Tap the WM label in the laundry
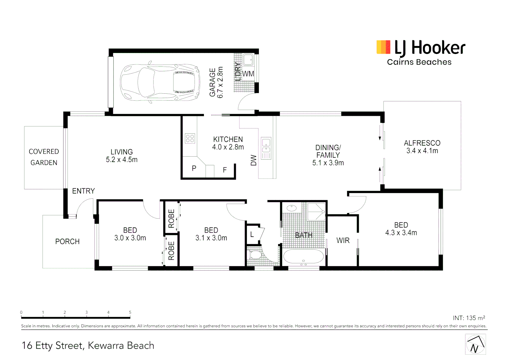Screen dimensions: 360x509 (248, 74)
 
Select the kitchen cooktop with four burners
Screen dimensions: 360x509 (190, 138)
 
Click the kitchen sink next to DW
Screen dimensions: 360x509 (266, 148)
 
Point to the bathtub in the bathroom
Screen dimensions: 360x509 (303, 257)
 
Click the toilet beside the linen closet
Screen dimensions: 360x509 (255, 255)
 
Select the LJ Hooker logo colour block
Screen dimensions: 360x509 (383, 47)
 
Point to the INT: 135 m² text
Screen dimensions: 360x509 (469, 318)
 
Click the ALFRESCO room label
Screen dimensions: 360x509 (422, 143)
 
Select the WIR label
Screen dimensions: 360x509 (343, 240)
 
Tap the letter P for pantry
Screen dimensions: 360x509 (194, 169)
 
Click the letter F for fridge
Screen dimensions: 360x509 (225, 170)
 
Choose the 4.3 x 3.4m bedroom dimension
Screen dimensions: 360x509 (401, 233)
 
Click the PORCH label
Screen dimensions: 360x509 (67, 241)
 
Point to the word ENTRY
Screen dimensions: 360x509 (83, 191)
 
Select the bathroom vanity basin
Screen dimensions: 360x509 (291, 208)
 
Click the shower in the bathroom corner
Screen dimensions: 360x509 (316, 211)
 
